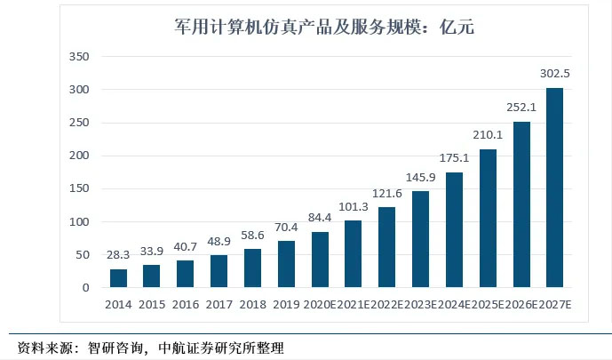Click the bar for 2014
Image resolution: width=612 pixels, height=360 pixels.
point(119,278)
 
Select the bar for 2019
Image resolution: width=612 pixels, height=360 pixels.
point(287,264)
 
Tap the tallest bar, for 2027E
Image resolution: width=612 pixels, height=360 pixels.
point(555,188)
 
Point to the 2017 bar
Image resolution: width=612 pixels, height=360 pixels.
point(219,271)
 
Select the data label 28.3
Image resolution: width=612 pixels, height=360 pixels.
point(119,253)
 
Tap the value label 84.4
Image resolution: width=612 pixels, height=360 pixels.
point(321,216)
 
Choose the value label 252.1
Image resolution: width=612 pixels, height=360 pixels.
point(521,106)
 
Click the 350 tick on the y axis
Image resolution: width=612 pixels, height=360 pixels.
point(80,57)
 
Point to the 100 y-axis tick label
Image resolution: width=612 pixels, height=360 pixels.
point(80,221)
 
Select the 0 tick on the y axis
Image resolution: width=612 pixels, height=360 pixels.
point(86,287)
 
